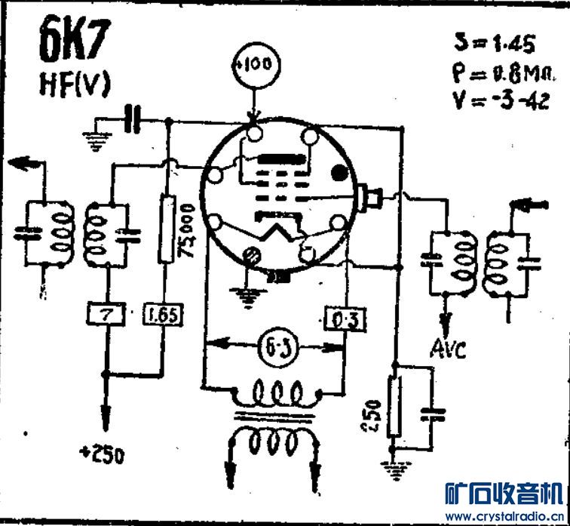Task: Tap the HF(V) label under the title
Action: pos(74,85)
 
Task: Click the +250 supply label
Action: pos(103,455)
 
